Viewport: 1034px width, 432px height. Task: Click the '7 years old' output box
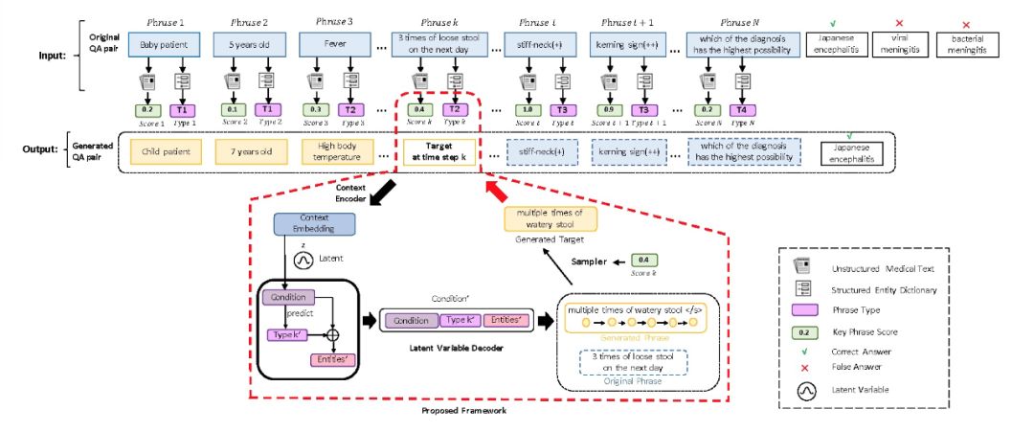click(244, 151)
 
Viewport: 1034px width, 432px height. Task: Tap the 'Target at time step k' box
click(438, 151)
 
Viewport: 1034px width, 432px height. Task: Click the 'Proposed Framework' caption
click(464, 411)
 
